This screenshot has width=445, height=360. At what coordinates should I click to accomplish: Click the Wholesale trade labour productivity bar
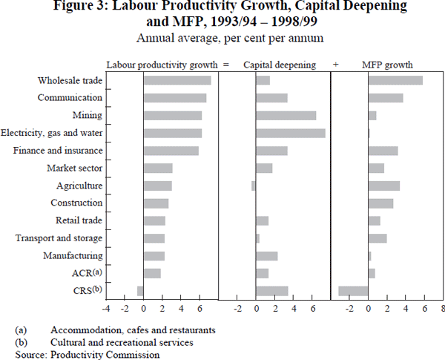[x=177, y=80]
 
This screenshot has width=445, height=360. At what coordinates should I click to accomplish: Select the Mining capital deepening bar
[x=286, y=115]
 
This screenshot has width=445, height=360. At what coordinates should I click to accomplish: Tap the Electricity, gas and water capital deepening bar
[x=290, y=133]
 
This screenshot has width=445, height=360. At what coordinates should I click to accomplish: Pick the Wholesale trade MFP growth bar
[x=395, y=80]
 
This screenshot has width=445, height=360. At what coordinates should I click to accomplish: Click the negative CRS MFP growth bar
[x=353, y=290]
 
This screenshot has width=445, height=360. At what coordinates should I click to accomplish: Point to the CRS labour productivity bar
[x=140, y=290]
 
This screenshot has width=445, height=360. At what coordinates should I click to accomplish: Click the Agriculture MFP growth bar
[x=384, y=186]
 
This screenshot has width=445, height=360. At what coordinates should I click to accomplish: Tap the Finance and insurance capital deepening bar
[x=271, y=151]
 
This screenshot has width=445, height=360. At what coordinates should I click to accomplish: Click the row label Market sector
[x=74, y=168]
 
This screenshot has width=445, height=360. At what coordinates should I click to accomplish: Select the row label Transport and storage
[x=59, y=238]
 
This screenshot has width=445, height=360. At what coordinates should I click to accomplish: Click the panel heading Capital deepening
[x=280, y=65]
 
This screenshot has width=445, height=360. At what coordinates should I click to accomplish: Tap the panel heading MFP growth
[x=387, y=65]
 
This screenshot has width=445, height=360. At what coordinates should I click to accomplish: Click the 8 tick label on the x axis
[x=443, y=307]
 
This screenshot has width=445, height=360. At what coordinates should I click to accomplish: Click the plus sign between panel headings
[x=335, y=65]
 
